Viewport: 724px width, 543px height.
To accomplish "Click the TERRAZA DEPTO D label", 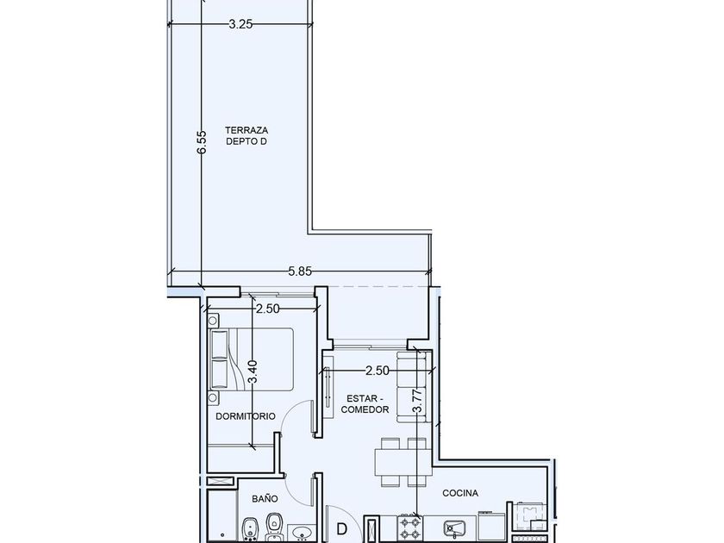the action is pyautogui.click(x=247, y=136).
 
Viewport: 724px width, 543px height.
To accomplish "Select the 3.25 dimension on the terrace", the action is pyautogui.click(x=240, y=24).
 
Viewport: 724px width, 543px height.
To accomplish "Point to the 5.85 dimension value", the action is pyautogui.click(x=300, y=271).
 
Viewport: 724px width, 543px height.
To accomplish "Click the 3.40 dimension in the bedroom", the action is pyautogui.click(x=252, y=371).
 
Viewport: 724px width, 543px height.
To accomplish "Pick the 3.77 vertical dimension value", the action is pyautogui.click(x=417, y=400).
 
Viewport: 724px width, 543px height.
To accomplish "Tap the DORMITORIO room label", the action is pyautogui.click(x=246, y=416).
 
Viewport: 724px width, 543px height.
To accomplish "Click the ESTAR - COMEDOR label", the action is pyautogui.click(x=365, y=404).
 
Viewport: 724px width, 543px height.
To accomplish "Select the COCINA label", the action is pyautogui.click(x=460, y=493).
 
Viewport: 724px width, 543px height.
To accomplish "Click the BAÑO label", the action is pyautogui.click(x=265, y=498).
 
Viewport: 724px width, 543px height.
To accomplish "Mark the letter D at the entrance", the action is pyautogui.click(x=341, y=529).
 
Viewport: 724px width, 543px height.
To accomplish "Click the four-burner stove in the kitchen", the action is pyautogui.click(x=410, y=528).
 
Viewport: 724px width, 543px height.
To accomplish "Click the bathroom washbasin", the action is pyautogui.click(x=302, y=533).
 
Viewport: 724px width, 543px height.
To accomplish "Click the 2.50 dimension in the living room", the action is pyautogui.click(x=378, y=371).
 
